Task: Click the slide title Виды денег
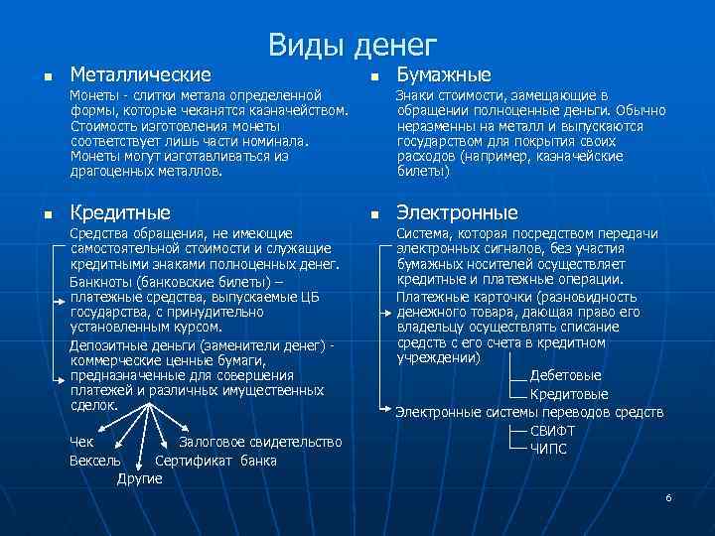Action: (x=352, y=45)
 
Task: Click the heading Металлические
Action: (x=139, y=74)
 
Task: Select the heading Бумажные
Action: (x=444, y=74)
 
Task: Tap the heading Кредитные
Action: (x=120, y=212)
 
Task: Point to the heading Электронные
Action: (x=457, y=212)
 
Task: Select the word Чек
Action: (x=83, y=442)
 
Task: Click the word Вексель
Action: (x=95, y=461)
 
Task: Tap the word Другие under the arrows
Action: (x=139, y=479)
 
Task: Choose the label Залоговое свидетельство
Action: (x=260, y=442)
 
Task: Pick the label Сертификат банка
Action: (x=216, y=461)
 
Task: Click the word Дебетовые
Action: (x=565, y=376)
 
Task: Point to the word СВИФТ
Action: (x=552, y=431)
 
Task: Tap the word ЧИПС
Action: (x=548, y=449)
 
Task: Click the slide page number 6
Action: (x=668, y=496)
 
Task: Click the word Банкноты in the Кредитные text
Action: (x=99, y=281)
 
